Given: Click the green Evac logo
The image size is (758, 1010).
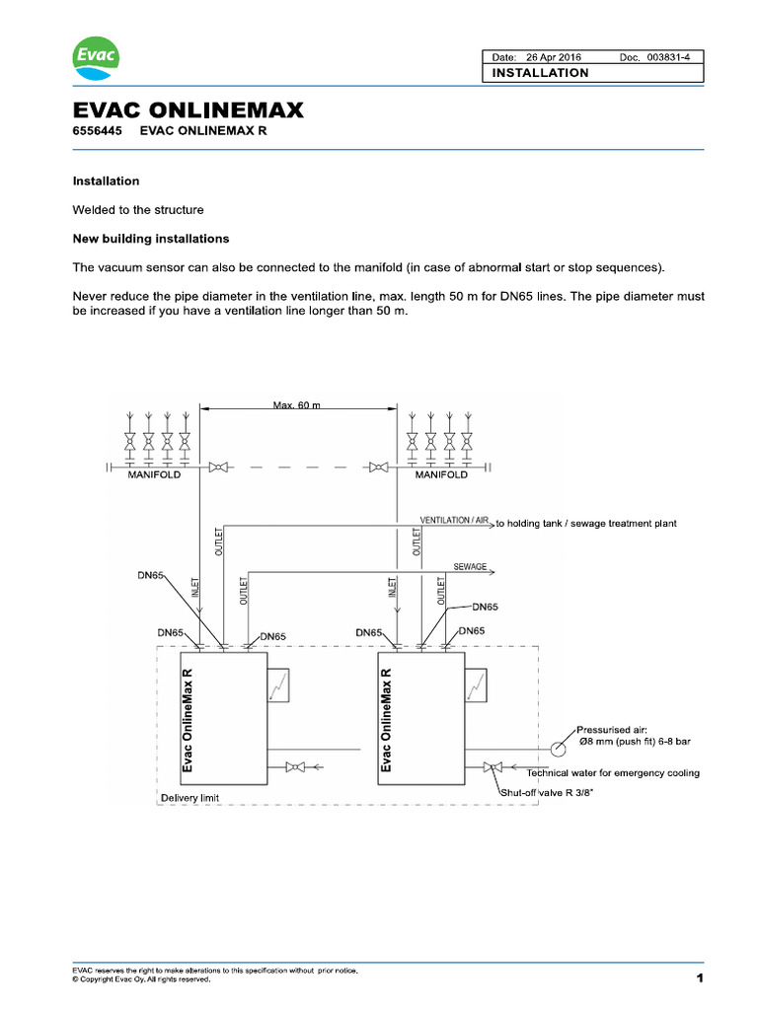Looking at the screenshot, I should (96, 57).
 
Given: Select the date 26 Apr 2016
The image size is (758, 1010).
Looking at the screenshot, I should (554, 57).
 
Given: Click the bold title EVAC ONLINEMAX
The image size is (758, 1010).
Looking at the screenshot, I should (189, 111).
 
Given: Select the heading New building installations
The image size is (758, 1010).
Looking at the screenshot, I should (151, 239).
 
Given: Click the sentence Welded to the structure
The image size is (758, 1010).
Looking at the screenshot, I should (138, 210).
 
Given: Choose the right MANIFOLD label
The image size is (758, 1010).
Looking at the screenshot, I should (441, 475).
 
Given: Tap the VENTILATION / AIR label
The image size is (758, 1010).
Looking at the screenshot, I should (453, 520).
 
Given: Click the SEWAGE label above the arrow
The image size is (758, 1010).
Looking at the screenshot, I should (470, 567).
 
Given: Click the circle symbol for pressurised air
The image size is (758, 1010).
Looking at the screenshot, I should (562, 739).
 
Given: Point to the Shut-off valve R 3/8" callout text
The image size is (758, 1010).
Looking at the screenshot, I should (545, 790).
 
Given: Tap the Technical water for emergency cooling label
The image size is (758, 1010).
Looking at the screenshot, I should (613, 773).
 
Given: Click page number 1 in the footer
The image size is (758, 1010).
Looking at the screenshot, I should (699, 978).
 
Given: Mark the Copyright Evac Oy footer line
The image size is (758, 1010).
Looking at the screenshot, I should (141, 980).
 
